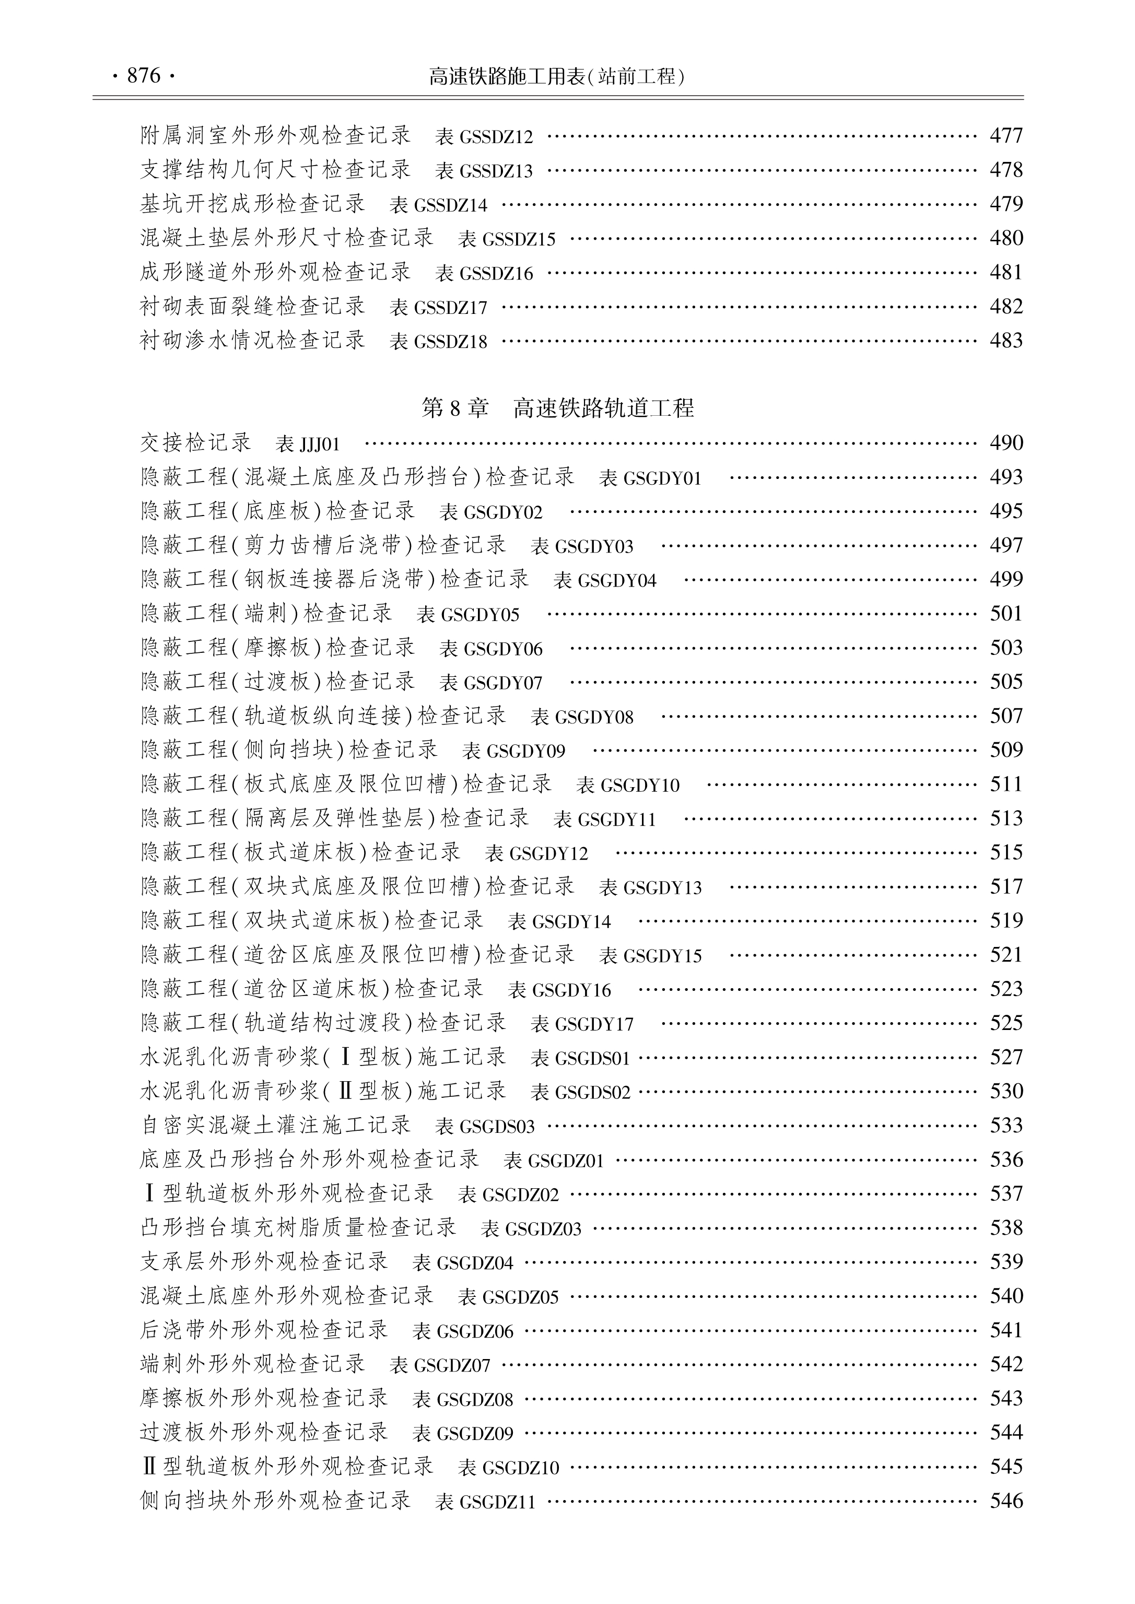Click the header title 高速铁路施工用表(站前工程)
(557, 76)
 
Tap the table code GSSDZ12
(496, 137)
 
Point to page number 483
(1005, 341)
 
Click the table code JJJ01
(319, 444)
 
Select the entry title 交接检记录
(196, 442)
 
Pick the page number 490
(1005, 443)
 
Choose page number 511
(1005, 784)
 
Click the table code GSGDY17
(594, 1025)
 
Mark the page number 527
(1005, 1058)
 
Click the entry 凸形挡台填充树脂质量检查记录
(298, 1228)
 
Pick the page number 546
(1005, 1501)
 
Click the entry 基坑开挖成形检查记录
(253, 204)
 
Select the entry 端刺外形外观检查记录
(253, 1364)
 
